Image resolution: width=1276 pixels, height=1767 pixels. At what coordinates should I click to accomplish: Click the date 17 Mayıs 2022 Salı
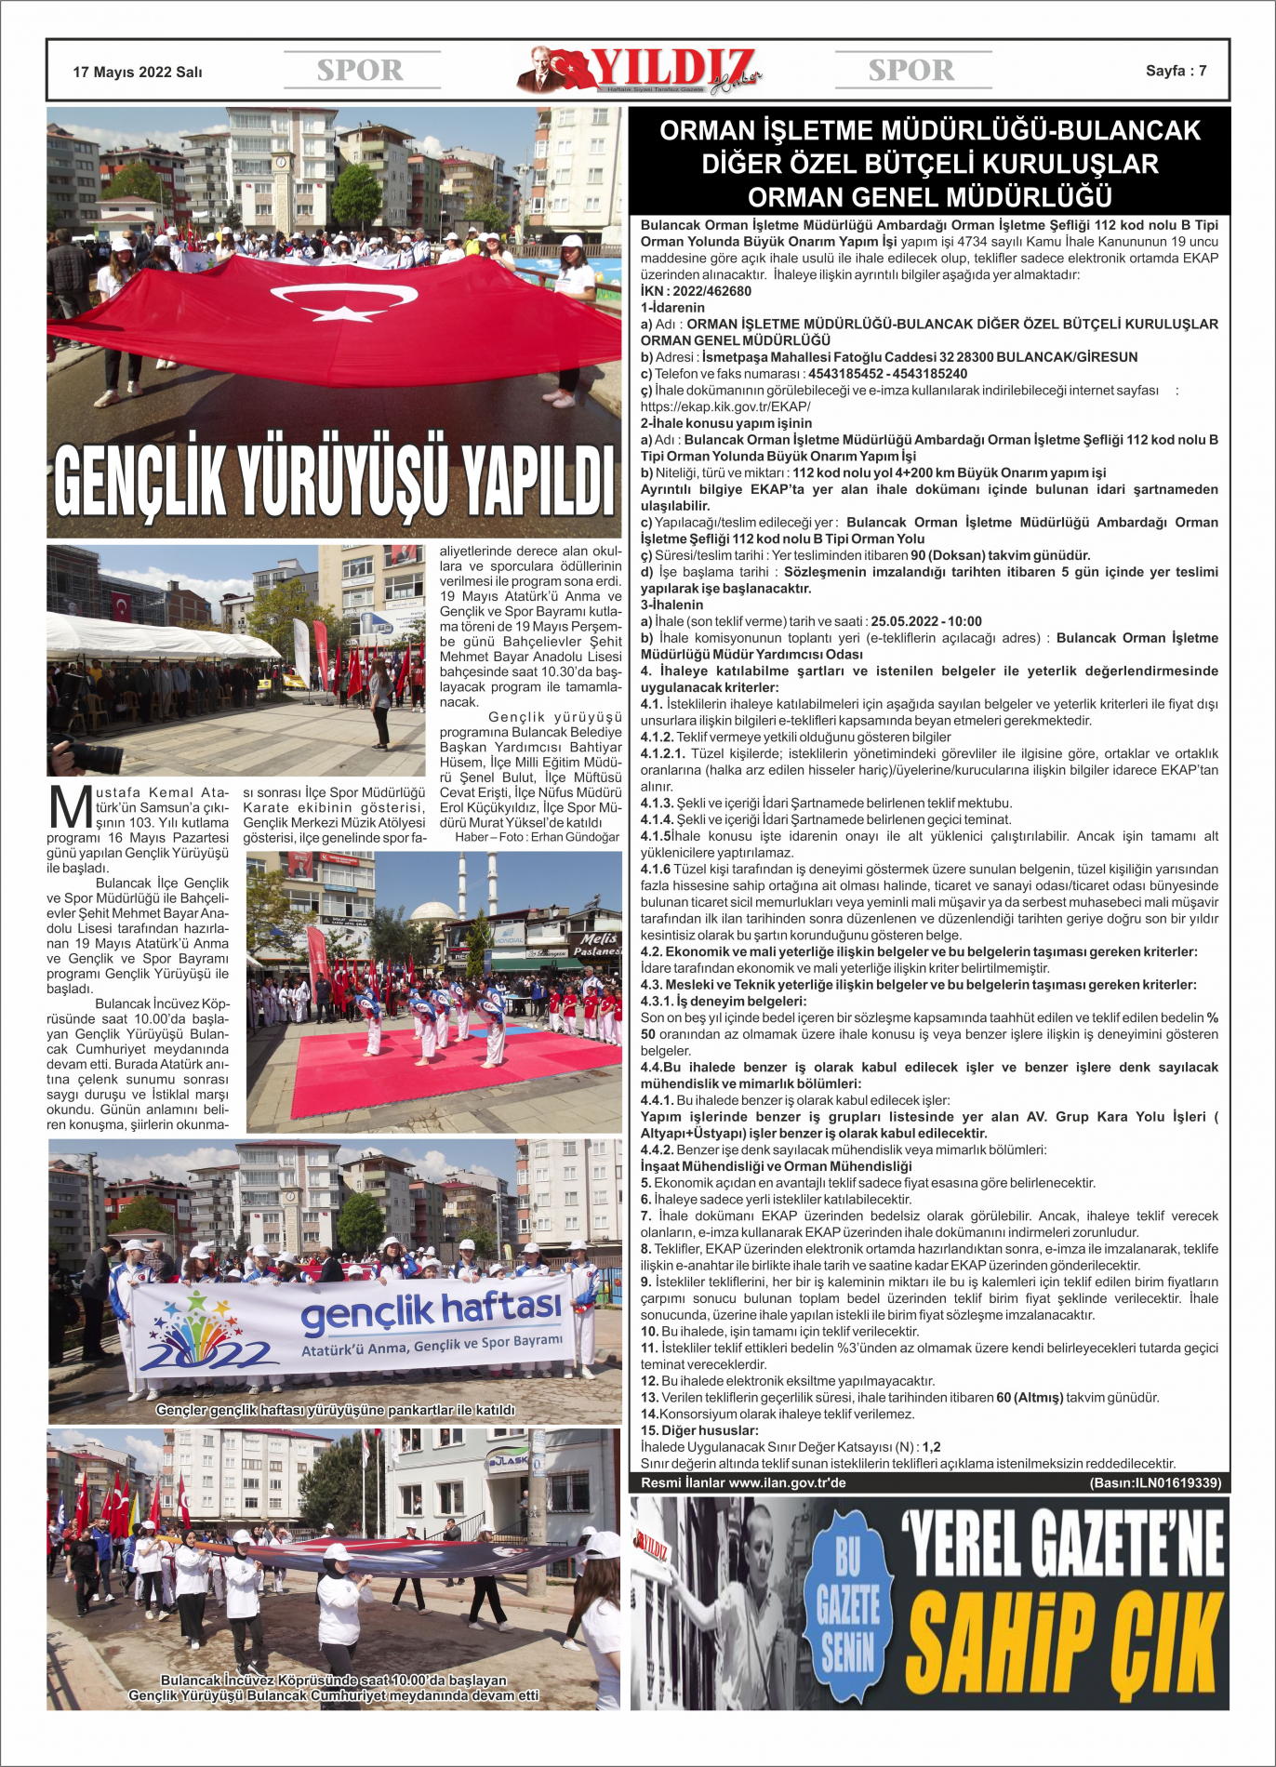click(138, 72)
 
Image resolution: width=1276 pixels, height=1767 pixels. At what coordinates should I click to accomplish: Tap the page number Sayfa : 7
click(1176, 71)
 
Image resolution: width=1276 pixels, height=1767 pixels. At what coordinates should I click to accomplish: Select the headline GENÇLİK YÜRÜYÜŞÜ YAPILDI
click(334, 480)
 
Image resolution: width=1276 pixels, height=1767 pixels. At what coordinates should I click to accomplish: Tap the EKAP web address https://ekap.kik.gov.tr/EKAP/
click(725, 406)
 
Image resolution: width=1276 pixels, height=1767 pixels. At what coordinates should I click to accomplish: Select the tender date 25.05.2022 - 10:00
click(926, 621)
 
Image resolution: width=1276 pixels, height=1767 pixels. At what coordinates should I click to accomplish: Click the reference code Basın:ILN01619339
click(1155, 1482)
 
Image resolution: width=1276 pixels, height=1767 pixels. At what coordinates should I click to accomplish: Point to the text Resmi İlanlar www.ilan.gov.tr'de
click(743, 1482)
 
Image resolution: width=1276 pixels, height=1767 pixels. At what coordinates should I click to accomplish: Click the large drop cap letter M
click(69, 807)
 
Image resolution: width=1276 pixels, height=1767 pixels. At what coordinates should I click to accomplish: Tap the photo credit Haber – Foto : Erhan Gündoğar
click(537, 837)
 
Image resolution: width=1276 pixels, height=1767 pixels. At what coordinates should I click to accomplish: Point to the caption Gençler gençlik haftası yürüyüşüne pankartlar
click(335, 1410)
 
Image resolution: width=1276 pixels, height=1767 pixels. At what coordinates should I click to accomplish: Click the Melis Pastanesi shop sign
click(597, 944)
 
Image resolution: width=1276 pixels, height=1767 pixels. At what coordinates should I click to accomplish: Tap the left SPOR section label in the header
click(360, 71)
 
